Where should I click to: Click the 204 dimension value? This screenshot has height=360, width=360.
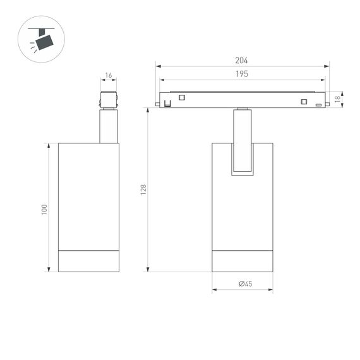pos(241,61)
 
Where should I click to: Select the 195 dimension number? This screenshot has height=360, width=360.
pos(241,74)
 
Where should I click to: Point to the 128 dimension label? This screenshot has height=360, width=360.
pos(143,189)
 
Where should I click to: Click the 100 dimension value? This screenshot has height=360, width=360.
pos(44,209)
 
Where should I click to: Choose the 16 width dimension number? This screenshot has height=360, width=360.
pos(109,76)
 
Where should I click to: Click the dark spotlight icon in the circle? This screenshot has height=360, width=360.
pos(44,42)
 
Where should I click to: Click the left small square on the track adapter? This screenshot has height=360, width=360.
pos(182,97)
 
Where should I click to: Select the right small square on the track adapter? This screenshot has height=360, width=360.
pos(303,102)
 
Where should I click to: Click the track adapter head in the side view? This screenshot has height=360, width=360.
pos(108,100)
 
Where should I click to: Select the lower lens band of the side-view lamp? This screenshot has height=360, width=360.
pos(88,261)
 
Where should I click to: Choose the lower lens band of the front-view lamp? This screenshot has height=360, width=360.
pos(243,261)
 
